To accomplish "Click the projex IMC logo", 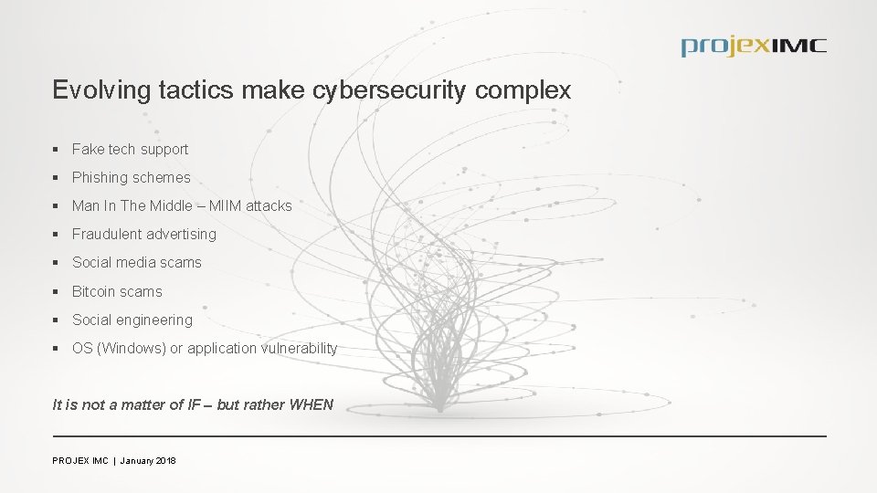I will coord(753,46).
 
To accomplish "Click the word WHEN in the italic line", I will coord(311,404).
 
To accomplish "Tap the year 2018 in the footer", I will coord(165,461).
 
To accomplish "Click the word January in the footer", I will coord(135,461).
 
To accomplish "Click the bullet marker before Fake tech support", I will coord(57,149).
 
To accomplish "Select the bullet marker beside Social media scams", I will coord(57,263).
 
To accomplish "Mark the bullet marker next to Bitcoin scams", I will coord(57,291).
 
